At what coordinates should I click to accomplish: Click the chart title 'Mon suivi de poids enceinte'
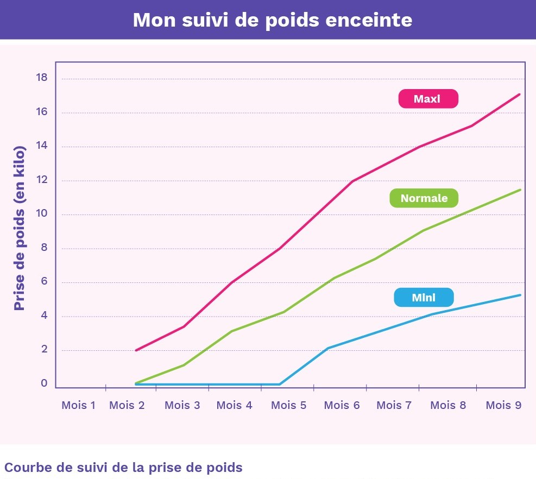click(x=272, y=20)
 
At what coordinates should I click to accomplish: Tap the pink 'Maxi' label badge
click(x=428, y=99)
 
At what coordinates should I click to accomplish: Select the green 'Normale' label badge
click(x=424, y=198)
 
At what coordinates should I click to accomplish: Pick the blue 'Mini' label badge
click(x=424, y=298)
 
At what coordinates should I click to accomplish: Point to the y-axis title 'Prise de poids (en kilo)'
click(x=20, y=228)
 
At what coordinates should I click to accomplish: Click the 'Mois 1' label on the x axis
click(x=78, y=405)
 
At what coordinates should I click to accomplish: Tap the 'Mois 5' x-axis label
click(x=288, y=405)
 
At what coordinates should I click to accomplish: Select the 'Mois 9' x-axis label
click(x=503, y=405)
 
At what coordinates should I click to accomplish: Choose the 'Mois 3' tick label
click(x=182, y=405)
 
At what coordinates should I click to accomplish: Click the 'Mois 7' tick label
click(x=394, y=405)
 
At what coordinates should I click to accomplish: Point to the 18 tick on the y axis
click(x=42, y=78)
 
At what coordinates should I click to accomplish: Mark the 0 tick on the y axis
click(x=45, y=383)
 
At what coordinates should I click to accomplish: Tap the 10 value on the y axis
click(x=42, y=214)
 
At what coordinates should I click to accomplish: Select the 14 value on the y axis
click(x=42, y=146)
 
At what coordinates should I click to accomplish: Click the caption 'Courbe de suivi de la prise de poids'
click(x=123, y=468)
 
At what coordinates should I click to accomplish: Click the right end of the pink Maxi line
click(x=520, y=94)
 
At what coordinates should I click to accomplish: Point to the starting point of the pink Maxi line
click(x=135, y=350)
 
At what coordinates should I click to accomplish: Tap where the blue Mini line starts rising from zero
click(x=280, y=384)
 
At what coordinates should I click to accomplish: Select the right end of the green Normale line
click(x=520, y=190)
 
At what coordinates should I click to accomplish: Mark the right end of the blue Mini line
click(x=520, y=295)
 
